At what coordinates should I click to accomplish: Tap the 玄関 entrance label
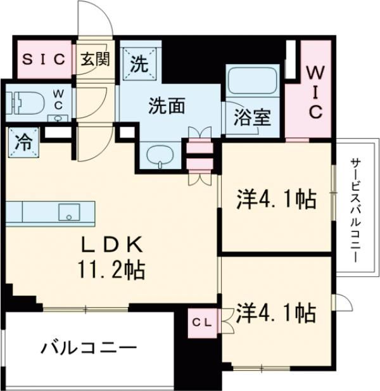96,60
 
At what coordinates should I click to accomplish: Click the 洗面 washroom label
167,106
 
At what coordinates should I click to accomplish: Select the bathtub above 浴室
251,82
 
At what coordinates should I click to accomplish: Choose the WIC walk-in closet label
315,93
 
